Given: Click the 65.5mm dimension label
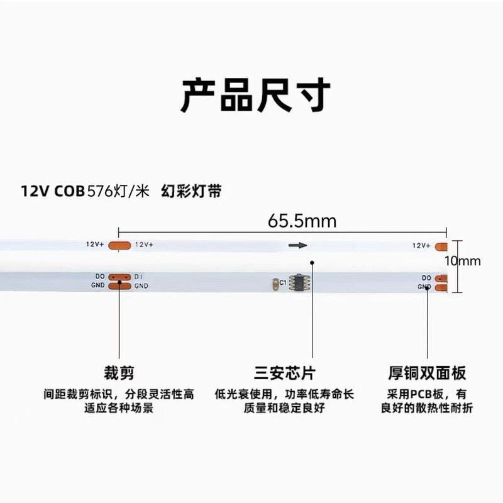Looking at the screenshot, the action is coord(302,221).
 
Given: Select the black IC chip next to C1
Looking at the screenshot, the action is coord(299,283).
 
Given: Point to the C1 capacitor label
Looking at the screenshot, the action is coord(284,283).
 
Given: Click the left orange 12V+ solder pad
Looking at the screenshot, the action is coord(119,245).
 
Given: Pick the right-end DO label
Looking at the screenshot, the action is coord(426,277).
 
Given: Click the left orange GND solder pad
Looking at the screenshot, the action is coord(119,286).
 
